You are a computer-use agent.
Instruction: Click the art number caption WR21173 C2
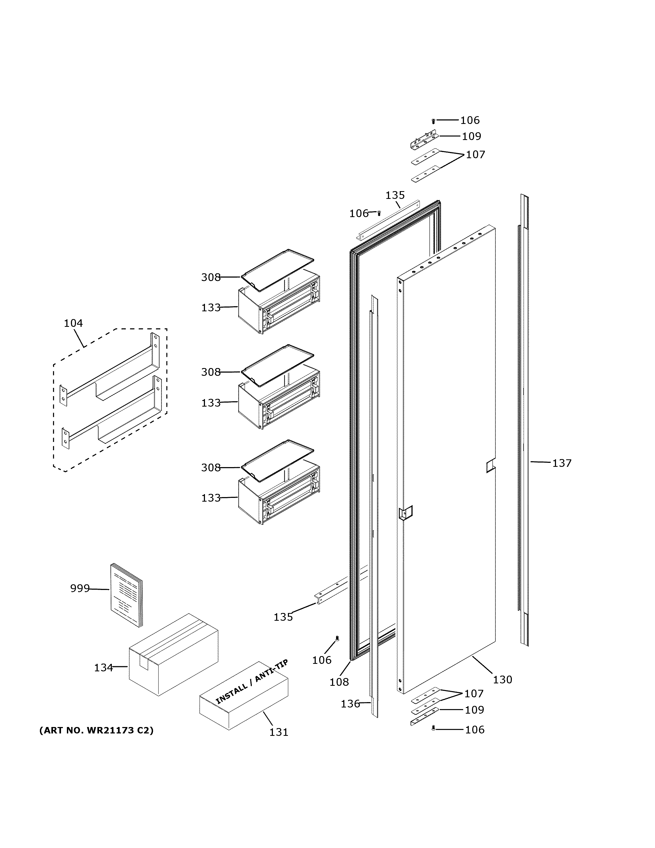pos(96,730)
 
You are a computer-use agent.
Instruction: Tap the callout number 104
pos(73,323)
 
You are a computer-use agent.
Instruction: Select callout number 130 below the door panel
pos(502,679)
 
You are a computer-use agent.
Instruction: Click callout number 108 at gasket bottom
pos(339,682)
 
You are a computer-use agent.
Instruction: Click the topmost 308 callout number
pos(211,277)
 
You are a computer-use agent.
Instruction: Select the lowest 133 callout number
pos(211,498)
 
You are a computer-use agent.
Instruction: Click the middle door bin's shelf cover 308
pos(277,365)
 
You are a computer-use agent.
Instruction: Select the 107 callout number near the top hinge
pos(475,154)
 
